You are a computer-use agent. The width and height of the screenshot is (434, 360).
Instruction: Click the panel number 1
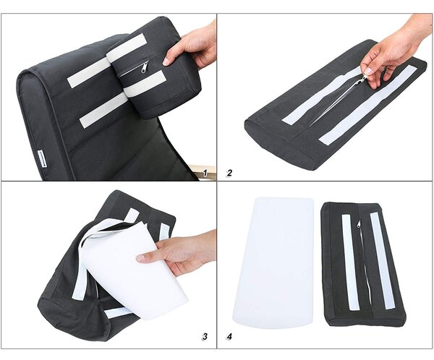point(205,173)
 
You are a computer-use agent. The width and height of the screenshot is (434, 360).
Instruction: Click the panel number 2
point(229,173)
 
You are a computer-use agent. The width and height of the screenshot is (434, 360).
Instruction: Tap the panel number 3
point(205,336)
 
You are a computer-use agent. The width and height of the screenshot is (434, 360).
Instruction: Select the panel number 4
point(229,336)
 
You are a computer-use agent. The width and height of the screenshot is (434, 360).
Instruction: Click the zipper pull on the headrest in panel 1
point(145,67)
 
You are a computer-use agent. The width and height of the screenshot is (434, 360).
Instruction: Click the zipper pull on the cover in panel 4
point(359,224)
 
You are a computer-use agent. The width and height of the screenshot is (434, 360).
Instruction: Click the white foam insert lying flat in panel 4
point(273,262)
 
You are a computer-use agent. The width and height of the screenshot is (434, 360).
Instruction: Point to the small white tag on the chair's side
point(42,159)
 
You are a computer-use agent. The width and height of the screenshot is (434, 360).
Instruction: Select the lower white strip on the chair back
point(103,110)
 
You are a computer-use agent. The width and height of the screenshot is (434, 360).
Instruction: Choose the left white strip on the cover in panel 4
point(350,262)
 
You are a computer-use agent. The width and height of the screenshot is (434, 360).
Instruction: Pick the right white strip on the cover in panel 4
point(383,261)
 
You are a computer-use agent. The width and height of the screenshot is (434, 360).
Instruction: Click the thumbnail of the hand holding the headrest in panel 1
point(166,62)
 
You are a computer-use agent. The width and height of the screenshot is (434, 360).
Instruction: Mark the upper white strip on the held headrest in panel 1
point(127,48)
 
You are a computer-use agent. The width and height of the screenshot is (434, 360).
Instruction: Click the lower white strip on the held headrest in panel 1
point(145,83)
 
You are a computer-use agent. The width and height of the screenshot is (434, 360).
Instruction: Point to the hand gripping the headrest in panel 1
point(191,45)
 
